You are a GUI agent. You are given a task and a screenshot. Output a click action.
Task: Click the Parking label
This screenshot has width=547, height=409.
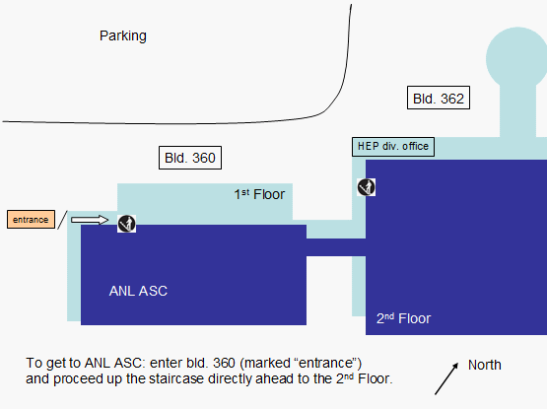(x=123, y=36)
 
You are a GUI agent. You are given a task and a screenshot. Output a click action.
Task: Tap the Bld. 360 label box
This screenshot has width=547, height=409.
(x=190, y=158)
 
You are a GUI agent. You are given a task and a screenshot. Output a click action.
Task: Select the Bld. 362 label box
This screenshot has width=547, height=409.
(x=439, y=98)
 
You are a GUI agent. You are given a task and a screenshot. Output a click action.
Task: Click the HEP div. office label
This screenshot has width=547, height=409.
(x=393, y=147)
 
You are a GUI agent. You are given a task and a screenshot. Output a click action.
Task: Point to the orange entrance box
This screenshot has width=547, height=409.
(x=32, y=220)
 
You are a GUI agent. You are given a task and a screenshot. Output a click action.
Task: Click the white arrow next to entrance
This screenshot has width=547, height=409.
(x=90, y=220)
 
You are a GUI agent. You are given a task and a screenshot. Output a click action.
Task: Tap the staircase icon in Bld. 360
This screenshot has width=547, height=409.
(x=126, y=224)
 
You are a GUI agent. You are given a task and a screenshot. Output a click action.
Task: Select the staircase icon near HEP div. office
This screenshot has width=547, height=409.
(x=367, y=187)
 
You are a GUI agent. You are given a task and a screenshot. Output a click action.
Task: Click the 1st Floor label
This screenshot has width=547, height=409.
(x=259, y=194)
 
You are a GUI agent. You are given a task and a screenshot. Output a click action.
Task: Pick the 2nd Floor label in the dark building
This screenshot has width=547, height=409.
(x=404, y=318)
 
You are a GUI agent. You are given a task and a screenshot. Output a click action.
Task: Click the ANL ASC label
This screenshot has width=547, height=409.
(x=138, y=291)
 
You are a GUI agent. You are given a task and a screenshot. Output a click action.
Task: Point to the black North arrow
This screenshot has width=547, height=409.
(x=446, y=378)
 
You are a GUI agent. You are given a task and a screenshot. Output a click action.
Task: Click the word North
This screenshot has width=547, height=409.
(x=485, y=365)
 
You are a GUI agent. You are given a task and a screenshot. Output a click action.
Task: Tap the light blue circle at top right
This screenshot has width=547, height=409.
(x=516, y=58)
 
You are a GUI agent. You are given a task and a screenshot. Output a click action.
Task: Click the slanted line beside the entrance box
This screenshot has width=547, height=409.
(x=62, y=220)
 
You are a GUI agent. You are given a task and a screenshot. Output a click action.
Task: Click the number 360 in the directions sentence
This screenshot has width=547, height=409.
(x=224, y=363)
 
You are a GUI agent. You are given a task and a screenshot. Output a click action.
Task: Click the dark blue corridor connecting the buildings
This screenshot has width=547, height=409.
(x=336, y=247)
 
